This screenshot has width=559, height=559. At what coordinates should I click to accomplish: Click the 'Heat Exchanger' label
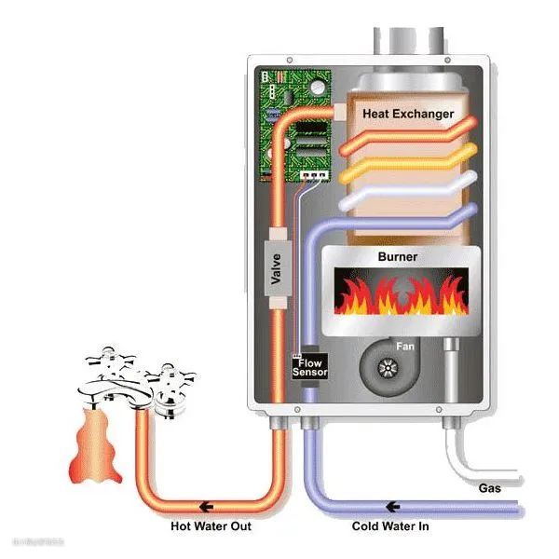point(408,114)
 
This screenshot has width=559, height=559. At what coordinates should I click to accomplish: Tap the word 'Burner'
point(397,256)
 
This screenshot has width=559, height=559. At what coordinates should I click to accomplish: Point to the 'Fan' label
point(404,347)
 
